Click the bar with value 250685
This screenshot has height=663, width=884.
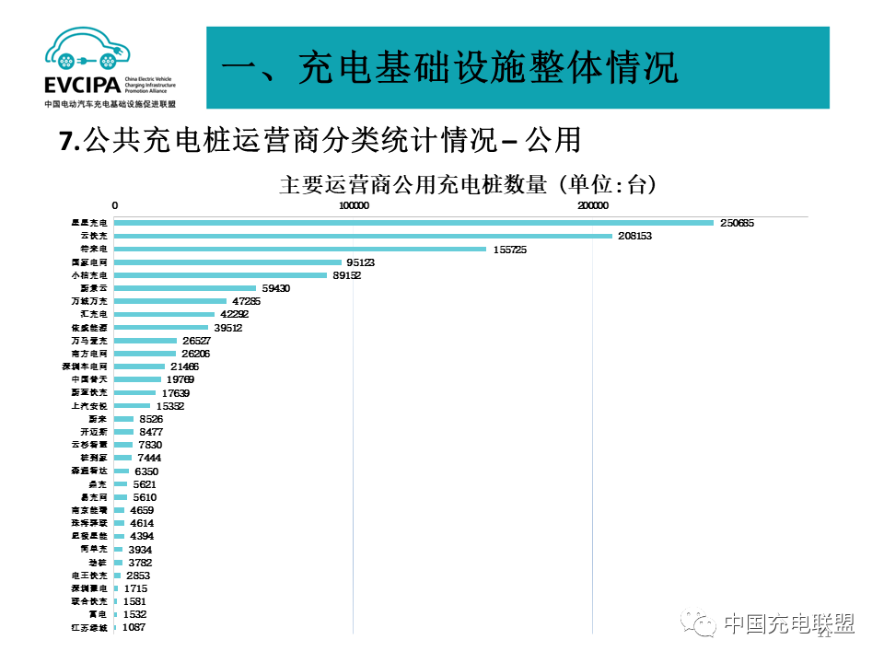pyautogui.click(x=414, y=223)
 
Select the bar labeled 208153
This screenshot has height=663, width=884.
pyautogui.click(x=364, y=236)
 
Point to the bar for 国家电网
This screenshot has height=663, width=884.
pyautogui.click(x=228, y=262)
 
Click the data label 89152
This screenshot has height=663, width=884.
pyautogui.click(x=346, y=275)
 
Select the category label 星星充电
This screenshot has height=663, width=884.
pyautogui.click(x=90, y=223)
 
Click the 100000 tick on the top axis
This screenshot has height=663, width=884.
pyautogui.click(x=354, y=205)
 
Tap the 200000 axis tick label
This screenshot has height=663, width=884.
pyautogui.click(x=592, y=205)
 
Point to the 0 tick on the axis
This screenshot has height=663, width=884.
pyautogui.click(x=115, y=205)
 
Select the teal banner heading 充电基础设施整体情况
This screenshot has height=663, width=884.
pyautogui.click(x=451, y=68)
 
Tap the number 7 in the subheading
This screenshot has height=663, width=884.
pyautogui.click(x=65, y=140)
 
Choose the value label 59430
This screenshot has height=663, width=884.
pyautogui.click(x=276, y=288)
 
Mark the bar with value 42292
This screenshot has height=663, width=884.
pyautogui.click(x=165, y=314)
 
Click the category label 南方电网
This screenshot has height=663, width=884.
pyautogui.click(x=90, y=353)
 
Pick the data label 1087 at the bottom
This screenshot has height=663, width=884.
pyautogui.click(x=134, y=627)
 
